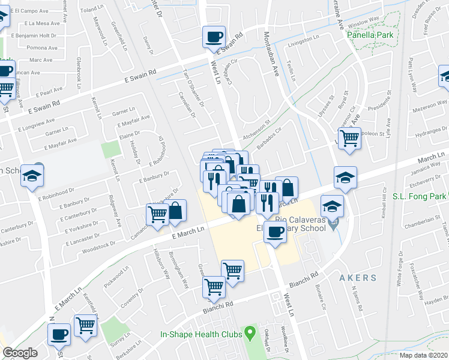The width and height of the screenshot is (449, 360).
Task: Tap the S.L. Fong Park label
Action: (420, 196)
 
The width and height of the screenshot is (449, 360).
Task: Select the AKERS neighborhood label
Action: (358, 278)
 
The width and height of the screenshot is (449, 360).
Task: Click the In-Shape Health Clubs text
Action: (200, 335)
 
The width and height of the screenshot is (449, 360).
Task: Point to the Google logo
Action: (20, 353)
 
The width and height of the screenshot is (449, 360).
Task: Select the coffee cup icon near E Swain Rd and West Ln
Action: (214, 38)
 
